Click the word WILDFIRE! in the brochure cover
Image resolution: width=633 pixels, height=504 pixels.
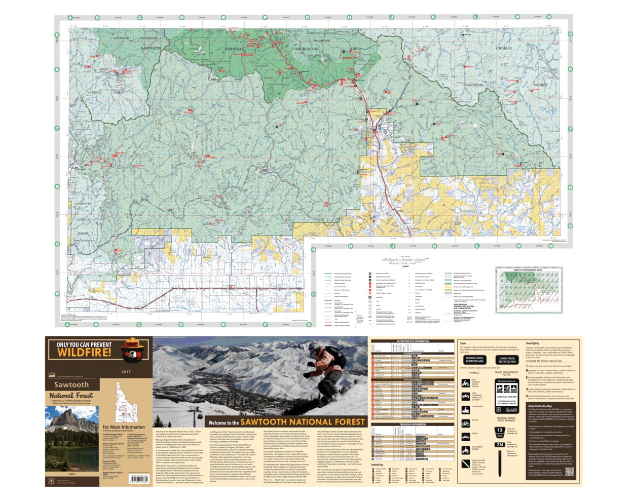pyautogui.click(x=84, y=352)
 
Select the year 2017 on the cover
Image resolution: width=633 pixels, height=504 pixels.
pyautogui.click(x=126, y=372)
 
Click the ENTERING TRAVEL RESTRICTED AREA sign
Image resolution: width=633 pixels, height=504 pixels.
pyautogui.click(x=474, y=360)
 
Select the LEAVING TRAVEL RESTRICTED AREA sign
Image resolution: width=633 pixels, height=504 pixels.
pyautogui.click(x=507, y=360)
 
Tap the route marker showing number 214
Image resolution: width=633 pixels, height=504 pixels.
pyautogui.click(x=500, y=445)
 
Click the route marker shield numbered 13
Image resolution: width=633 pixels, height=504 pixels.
pyautogui.click(x=500, y=431)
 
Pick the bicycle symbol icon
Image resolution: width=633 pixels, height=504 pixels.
pyautogui.click(x=465, y=423)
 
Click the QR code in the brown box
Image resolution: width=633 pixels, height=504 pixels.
pyautogui.click(x=569, y=472)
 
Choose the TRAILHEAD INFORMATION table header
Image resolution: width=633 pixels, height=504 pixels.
pyautogui.click(x=412, y=424)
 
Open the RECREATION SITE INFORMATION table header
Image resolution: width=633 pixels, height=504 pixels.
pyautogui.click(x=413, y=341)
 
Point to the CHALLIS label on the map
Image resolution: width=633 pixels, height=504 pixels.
pyautogui.click(x=504, y=48)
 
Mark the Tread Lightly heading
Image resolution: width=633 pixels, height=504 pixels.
pyautogui.click(x=532, y=343)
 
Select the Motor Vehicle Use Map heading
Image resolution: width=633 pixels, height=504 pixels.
pyautogui.click(x=540, y=406)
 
